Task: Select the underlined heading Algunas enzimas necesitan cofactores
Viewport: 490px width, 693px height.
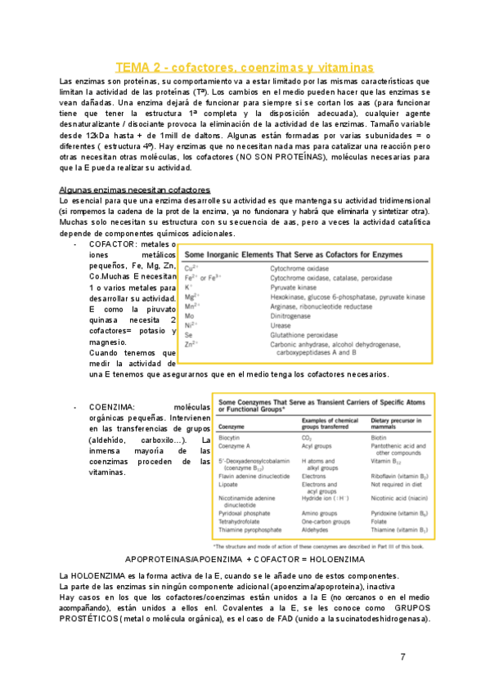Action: pos(135,190)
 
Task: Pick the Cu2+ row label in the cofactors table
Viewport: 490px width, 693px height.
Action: pos(191,267)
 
